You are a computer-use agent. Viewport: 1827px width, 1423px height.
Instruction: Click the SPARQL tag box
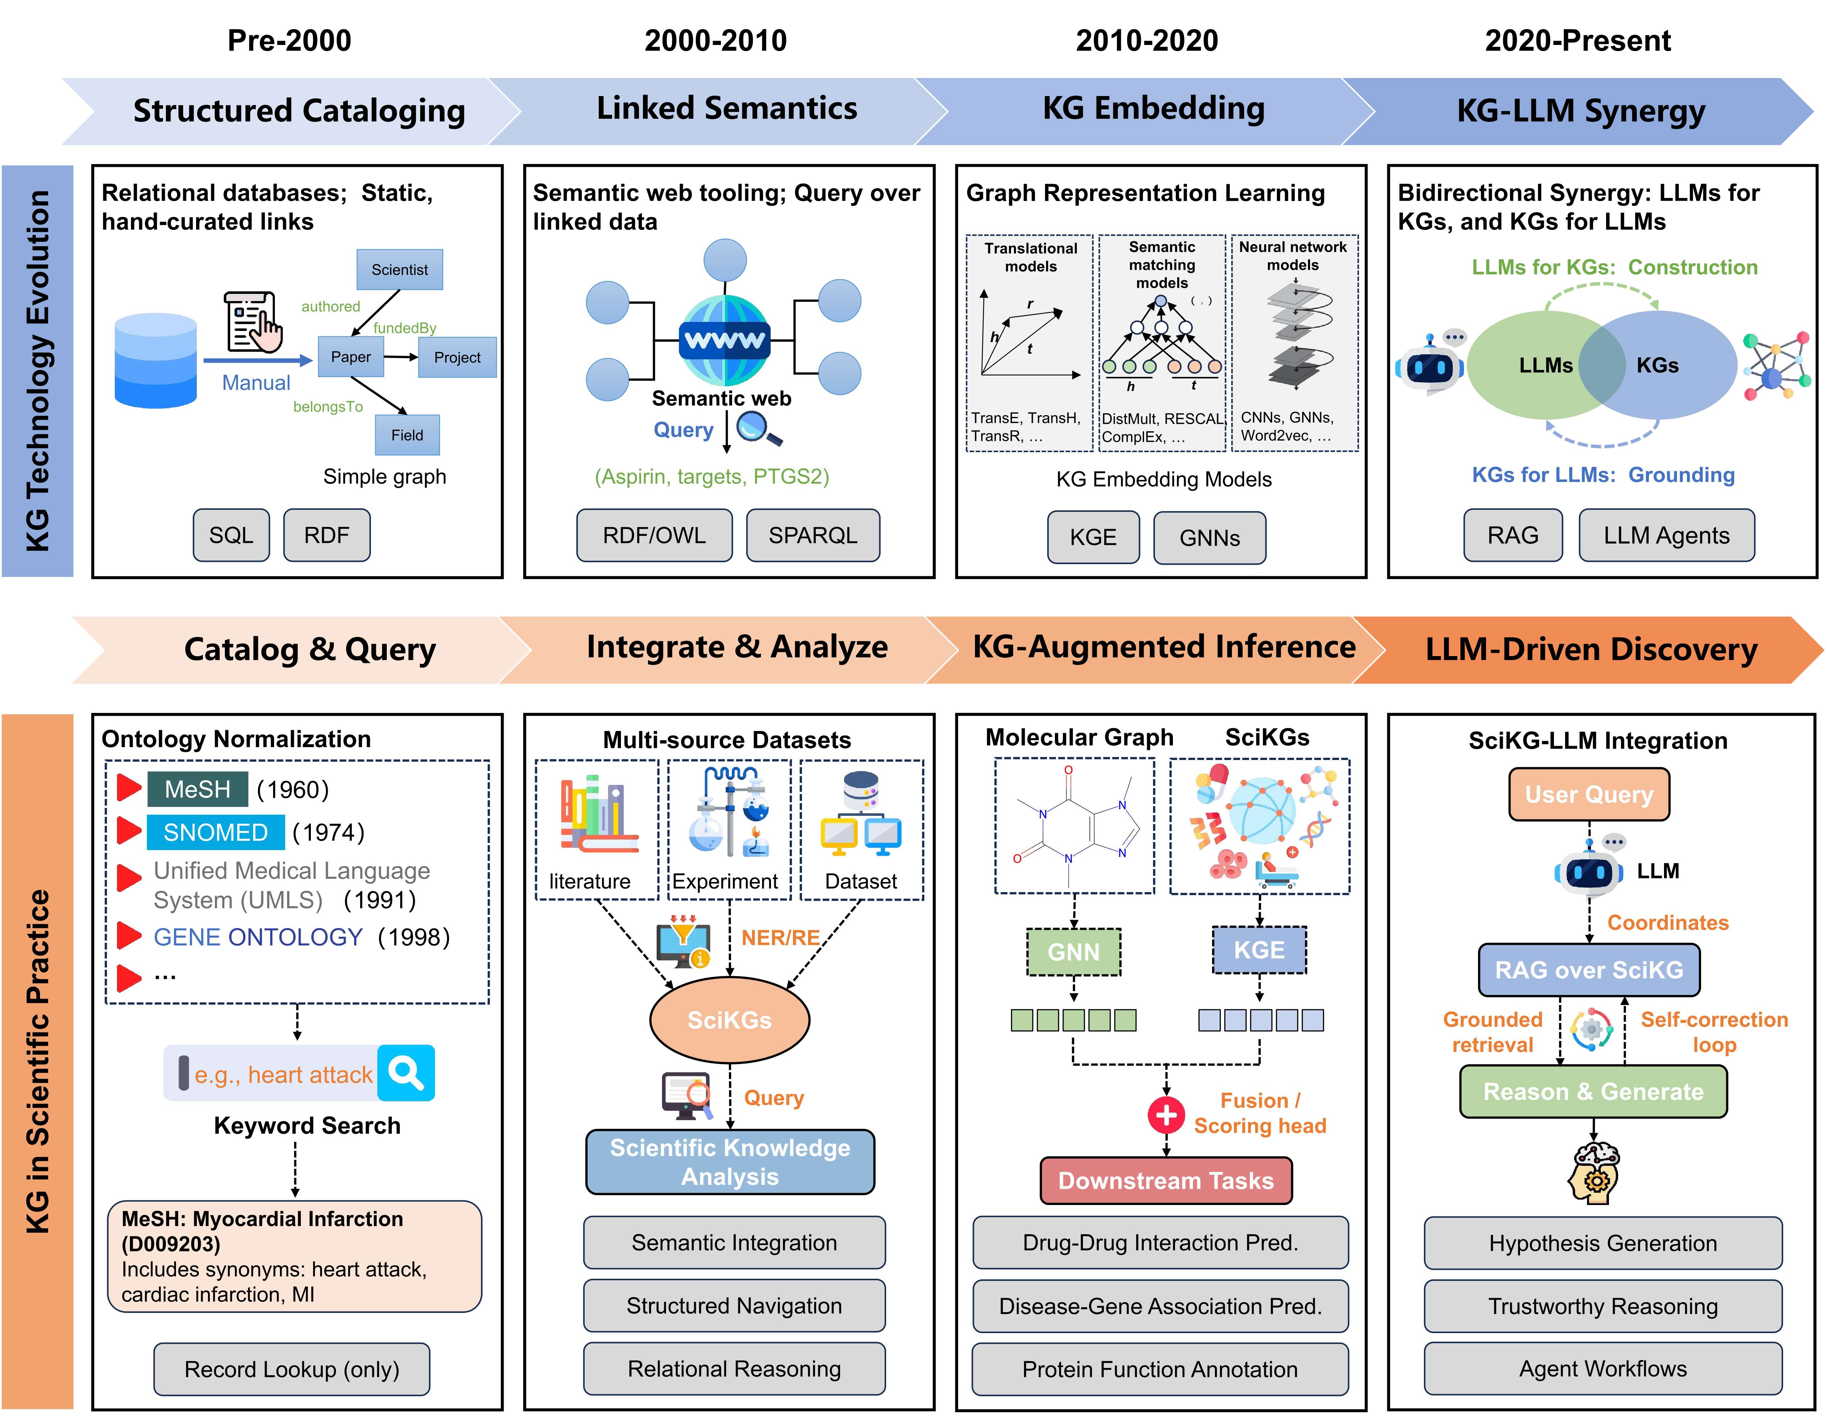click(812, 535)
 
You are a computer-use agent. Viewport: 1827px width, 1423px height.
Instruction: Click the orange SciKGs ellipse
click(729, 1020)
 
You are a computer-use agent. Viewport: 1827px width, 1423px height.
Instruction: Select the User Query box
click(1588, 794)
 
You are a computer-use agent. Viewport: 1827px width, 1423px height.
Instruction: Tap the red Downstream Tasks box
click(1165, 1181)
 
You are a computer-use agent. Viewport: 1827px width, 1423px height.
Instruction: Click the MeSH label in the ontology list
click(198, 789)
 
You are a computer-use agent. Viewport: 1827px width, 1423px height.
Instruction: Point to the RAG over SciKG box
click(1588, 969)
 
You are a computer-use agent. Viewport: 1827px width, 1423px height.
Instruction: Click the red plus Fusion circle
click(1166, 1114)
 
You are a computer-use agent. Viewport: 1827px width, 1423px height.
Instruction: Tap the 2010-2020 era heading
click(1147, 40)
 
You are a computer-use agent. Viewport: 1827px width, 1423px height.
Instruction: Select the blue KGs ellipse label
click(1657, 365)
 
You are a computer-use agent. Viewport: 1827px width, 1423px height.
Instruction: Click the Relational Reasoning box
click(734, 1369)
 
